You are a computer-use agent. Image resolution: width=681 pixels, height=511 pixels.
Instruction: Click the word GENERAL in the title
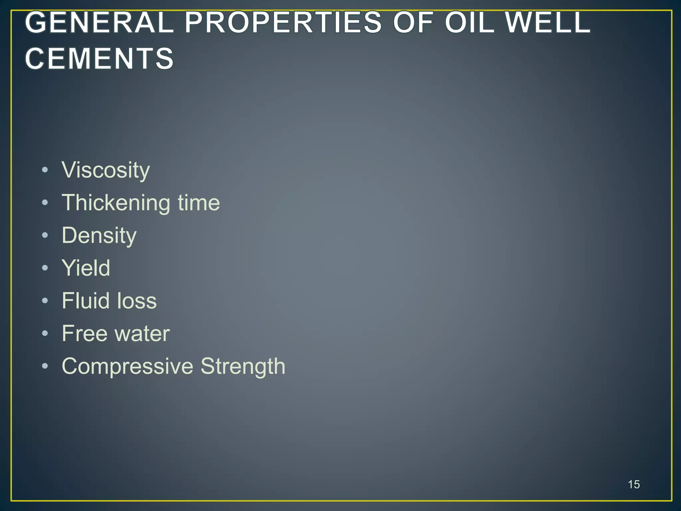[x=99, y=22]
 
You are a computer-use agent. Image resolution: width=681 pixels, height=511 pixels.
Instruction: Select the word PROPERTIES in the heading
[x=283, y=22]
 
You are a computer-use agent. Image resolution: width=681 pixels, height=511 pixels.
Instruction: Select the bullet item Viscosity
[x=106, y=170]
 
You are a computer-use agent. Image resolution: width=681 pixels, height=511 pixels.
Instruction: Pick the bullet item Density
[x=99, y=236]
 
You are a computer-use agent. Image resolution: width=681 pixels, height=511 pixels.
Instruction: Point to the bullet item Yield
[x=86, y=268]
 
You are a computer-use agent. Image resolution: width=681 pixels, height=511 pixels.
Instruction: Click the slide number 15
[x=634, y=484]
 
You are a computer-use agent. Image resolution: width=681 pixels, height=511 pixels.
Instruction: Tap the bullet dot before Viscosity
[x=45, y=170]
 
